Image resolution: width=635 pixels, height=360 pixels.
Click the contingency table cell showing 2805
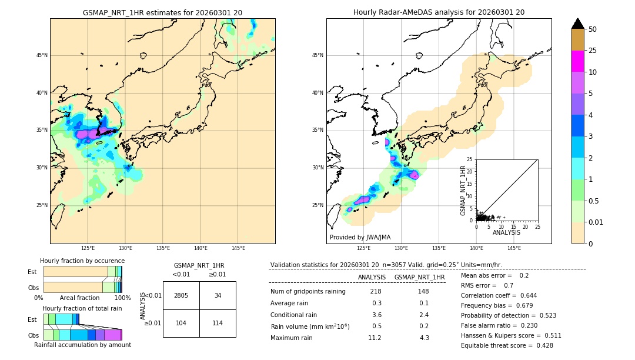click(181, 295)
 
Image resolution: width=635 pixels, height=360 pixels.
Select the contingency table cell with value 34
click(218, 295)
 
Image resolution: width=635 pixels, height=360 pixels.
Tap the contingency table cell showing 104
click(181, 323)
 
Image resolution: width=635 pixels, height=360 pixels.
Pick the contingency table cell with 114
click(218, 323)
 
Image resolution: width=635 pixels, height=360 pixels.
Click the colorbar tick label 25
click(593, 51)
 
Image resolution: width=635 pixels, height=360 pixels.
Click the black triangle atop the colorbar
click(578, 24)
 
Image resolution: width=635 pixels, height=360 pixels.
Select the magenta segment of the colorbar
click(578, 61)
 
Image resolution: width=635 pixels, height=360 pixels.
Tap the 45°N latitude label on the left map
click(42, 55)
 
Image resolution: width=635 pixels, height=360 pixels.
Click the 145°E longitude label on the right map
click(514, 248)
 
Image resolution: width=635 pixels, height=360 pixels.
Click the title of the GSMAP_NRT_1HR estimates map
click(162, 12)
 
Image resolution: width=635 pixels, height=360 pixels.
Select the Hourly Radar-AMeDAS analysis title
click(439, 12)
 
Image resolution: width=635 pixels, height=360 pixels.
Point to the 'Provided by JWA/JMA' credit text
click(360, 237)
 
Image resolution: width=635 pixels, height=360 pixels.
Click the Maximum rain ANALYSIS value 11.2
click(375, 338)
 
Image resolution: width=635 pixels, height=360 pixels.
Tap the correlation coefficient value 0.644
click(524, 295)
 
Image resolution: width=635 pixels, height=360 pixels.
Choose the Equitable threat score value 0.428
click(540, 345)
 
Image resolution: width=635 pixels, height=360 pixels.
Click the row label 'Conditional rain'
click(295, 315)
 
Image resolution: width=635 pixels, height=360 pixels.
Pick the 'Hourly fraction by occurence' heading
click(82, 261)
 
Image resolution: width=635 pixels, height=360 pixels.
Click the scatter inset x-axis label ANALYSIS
click(506, 233)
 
